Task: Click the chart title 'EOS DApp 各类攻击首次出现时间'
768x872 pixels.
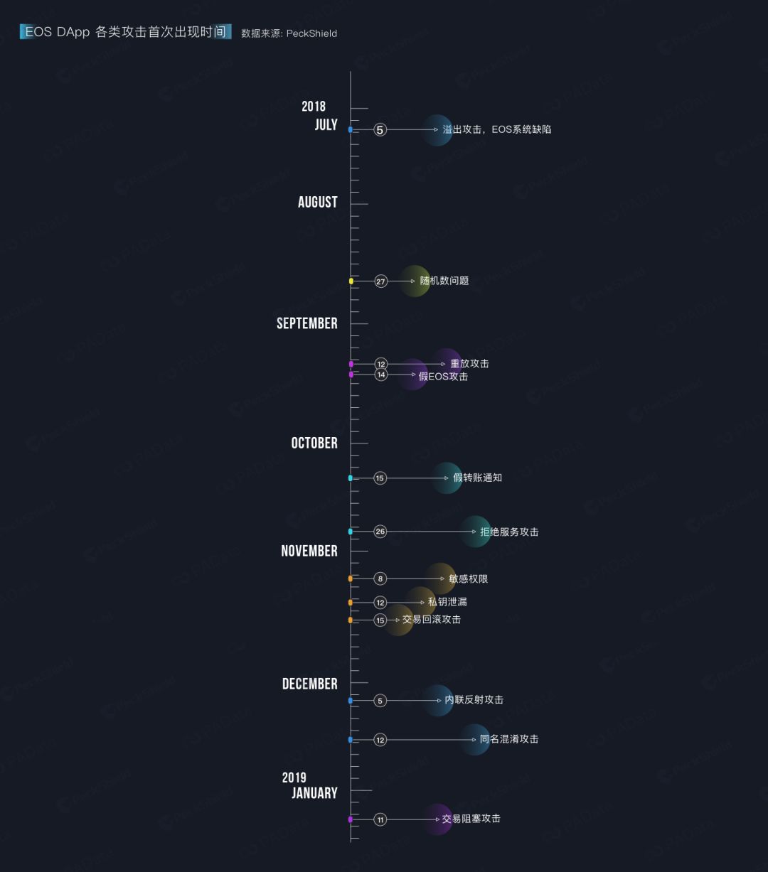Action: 125,32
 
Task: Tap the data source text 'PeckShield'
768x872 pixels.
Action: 311,33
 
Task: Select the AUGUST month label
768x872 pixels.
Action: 317,203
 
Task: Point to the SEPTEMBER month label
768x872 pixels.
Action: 307,323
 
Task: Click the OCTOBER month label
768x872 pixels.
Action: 314,443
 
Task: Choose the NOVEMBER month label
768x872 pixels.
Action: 309,551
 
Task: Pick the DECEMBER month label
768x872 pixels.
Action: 310,684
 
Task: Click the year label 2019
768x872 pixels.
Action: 294,777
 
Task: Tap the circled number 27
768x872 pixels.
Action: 380,281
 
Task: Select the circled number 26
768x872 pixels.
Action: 380,532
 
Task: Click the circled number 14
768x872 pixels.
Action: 380,375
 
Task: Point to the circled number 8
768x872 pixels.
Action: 380,579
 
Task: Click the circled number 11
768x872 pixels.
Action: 380,819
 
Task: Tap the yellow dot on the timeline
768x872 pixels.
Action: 351,281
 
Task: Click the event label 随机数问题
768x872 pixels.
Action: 444,281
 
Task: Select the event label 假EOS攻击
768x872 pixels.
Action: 443,377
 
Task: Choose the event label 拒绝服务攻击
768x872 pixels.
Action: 509,532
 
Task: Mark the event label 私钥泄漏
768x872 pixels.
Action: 447,602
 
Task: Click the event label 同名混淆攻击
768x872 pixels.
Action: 509,739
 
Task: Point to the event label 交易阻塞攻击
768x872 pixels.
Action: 471,819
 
